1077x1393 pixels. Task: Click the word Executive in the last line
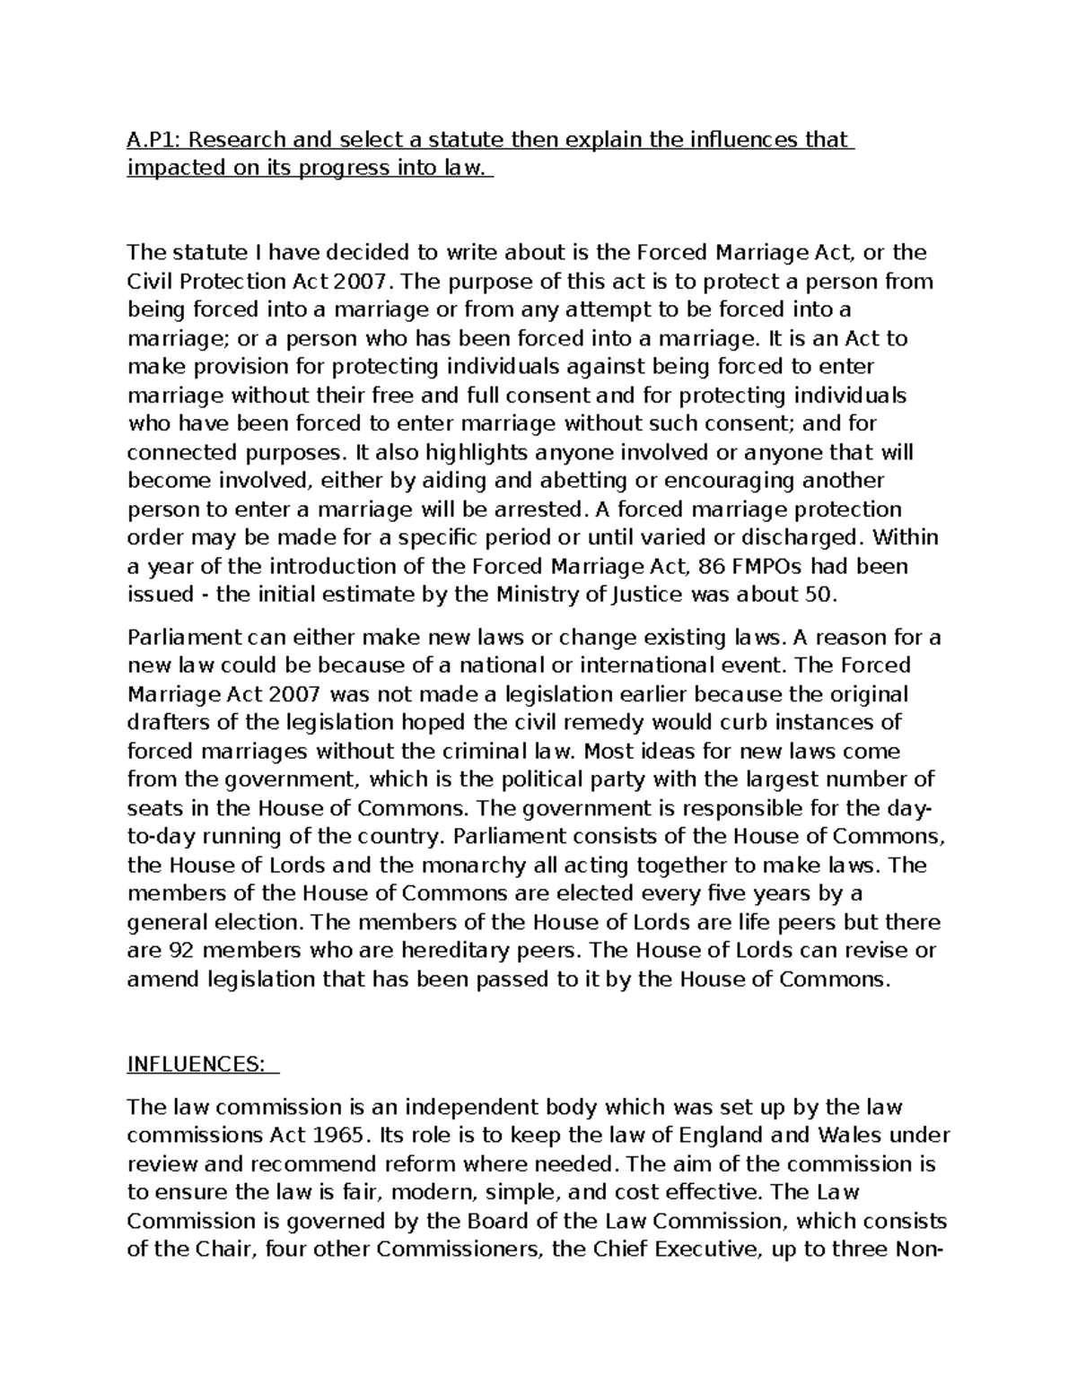(697, 1249)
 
